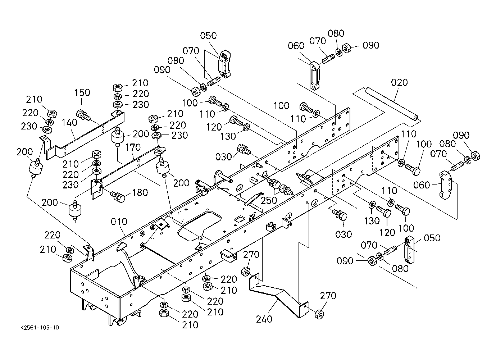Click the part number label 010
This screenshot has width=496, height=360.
point(119,222)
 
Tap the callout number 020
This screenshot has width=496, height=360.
point(399,83)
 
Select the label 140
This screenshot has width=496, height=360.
point(69,122)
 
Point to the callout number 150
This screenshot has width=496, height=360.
point(82,92)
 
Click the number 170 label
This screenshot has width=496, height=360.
point(133,147)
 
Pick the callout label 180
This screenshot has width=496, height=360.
point(140,193)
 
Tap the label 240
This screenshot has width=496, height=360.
point(264,319)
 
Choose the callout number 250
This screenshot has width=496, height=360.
point(269,201)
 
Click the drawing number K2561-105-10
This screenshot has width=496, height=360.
point(40,328)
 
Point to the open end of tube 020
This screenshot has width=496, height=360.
point(416,118)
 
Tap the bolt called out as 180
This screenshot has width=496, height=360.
point(118,197)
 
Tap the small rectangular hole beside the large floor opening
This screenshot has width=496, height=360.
point(240,219)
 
